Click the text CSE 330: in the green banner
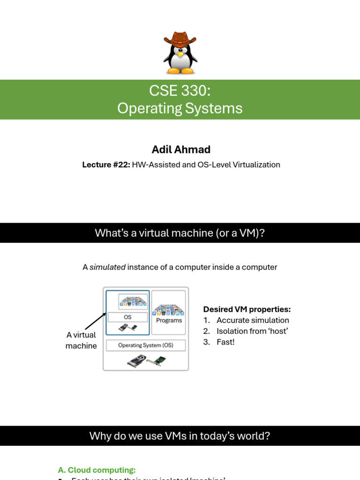(x=180, y=90)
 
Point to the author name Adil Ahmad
(x=181, y=149)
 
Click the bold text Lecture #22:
(x=106, y=165)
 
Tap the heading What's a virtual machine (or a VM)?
(x=180, y=233)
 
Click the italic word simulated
(x=107, y=267)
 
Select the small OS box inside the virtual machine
(x=127, y=317)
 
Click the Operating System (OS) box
(x=146, y=345)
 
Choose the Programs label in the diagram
(x=169, y=320)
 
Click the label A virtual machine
(x=81, y=340)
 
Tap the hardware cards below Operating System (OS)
(x=146, y=360)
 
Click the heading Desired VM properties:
(x=247, y=309)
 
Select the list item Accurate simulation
(x=253, y=320)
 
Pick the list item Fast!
(x=225, y=342)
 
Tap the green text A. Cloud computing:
(x=97, y=470)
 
